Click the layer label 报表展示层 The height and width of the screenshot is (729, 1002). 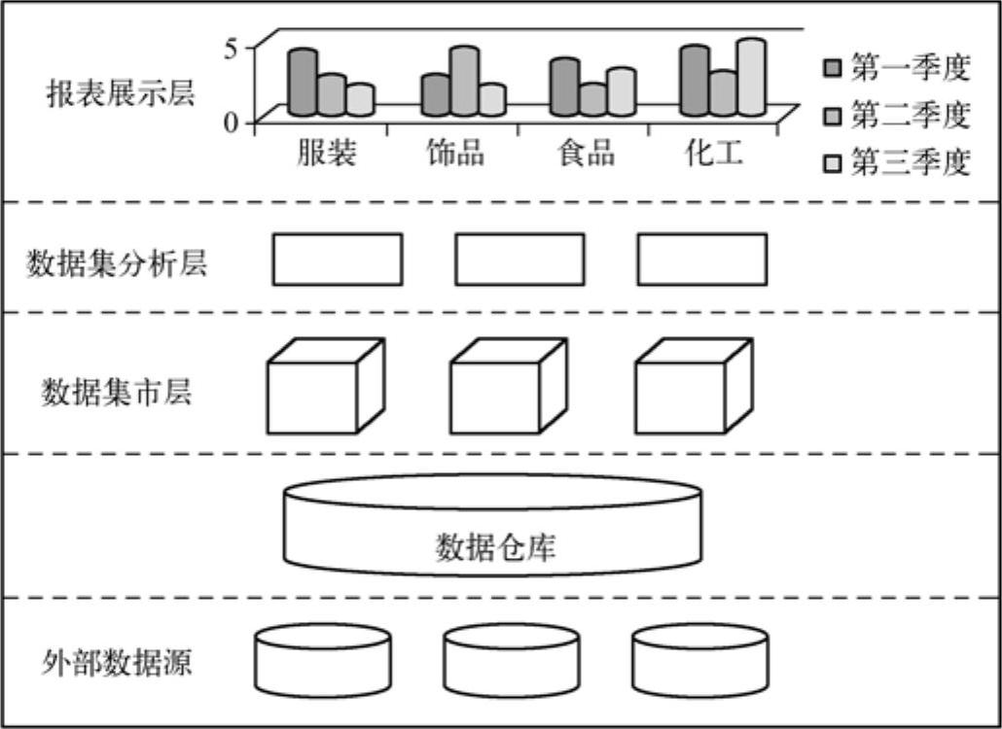(121, 95)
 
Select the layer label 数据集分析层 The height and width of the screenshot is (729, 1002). (117, 263)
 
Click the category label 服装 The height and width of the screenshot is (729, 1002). (327, 153)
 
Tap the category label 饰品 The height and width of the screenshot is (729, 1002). (455, 153)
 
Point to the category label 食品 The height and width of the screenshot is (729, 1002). (586, 153)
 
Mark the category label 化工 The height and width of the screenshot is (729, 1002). (713, 153)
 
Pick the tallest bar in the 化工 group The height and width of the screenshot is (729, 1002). (750, 77)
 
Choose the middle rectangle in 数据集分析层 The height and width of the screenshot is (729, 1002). (519, 260)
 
